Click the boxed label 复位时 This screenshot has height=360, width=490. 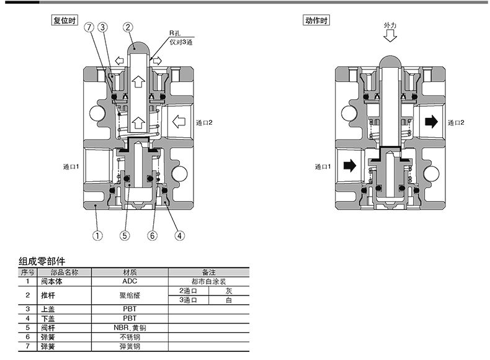(65, 20)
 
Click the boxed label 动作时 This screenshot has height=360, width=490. (316, 20)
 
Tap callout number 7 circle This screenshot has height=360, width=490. (89, 27)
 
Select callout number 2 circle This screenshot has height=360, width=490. (128, 27)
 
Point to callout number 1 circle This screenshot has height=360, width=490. (97, 235)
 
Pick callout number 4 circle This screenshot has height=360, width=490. (179, 235)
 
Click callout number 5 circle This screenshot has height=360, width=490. (125, 235)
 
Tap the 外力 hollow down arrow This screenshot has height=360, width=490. (390, 36)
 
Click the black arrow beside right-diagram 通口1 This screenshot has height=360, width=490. (350, 166)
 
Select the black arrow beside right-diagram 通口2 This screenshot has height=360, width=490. (432, 122)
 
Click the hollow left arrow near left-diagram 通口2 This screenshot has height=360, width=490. (179, 122)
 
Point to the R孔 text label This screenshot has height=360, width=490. (175, 33)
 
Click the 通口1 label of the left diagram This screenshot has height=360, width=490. (71, 167)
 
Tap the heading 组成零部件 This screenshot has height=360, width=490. (42, 261)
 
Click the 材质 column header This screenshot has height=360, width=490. (130, 272)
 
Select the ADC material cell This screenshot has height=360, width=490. (130, 281)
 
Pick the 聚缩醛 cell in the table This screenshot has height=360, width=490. (130, 295)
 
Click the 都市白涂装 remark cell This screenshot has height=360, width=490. (209, 282)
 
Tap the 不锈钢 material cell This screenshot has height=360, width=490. (130, 337)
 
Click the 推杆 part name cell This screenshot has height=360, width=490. (48, 295)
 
